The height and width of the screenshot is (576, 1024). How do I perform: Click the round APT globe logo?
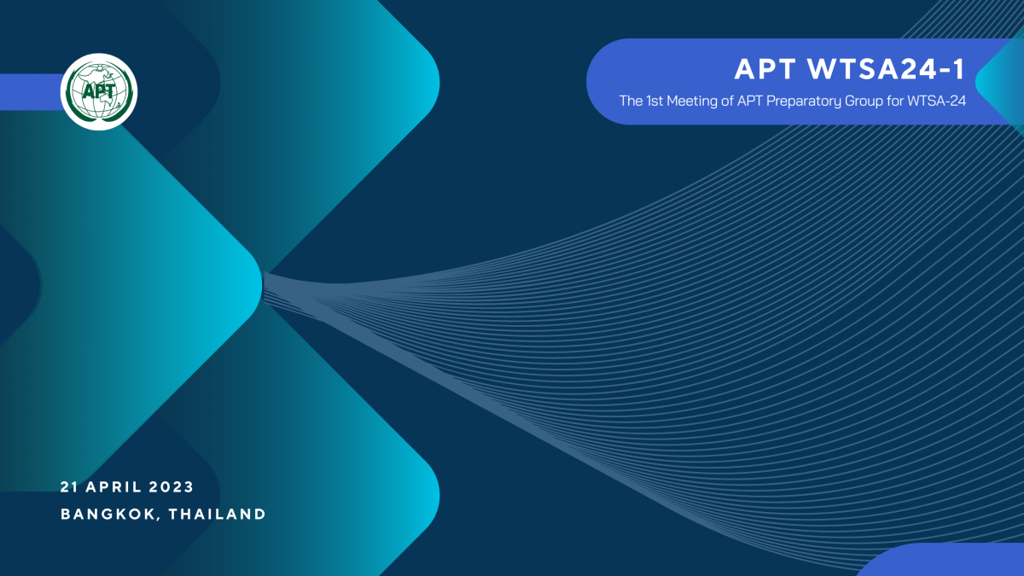click(x=99, y=92)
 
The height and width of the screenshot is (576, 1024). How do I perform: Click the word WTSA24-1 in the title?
click(x=886, y=69)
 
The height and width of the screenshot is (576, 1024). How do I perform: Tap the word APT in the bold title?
click(x=765, y=69)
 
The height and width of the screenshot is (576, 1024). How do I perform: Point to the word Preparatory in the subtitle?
click(x=803, y=102)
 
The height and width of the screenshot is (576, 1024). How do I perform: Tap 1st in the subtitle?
click(x=655, y=101)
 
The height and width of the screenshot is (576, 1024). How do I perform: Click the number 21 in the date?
click(x=69, y=487)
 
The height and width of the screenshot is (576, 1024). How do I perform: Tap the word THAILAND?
click(x=217, y=515)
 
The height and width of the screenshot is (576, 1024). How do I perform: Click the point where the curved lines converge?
click(x=265, y=286)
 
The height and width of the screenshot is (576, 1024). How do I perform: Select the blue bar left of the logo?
click(x=31, y=92)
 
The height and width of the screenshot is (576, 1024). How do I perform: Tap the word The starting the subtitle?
click(x=631, y=101)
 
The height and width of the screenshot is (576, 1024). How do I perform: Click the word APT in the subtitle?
click(x=750, y=101)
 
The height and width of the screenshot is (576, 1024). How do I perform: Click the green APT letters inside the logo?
click(x=98, y=91)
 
